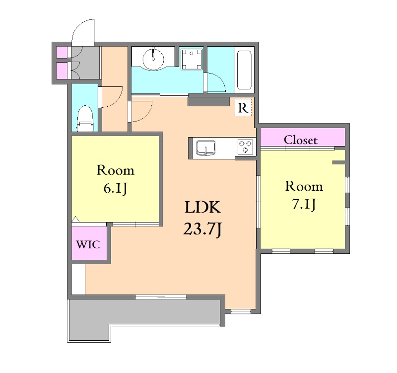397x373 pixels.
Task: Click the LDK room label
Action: pos(203,207)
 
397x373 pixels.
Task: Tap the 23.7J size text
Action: pos(202,229)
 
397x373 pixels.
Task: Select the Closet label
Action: pos(301,140)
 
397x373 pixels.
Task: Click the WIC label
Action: pos(88,244)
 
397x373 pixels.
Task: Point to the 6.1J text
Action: pos(115,188)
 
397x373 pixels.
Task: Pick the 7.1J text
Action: pos(304,204)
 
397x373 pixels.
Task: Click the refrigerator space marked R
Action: pos(243,107)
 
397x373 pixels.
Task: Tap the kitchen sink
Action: pos(205,148)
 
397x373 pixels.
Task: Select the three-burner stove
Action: pos(245,147)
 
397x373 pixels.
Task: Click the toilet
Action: pos(85,119)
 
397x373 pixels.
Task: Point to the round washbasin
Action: pos(153,59)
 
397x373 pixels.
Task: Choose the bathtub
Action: pos(244,70)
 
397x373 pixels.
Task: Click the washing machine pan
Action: pos(192,59)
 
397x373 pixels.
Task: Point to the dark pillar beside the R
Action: pos(208,101)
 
